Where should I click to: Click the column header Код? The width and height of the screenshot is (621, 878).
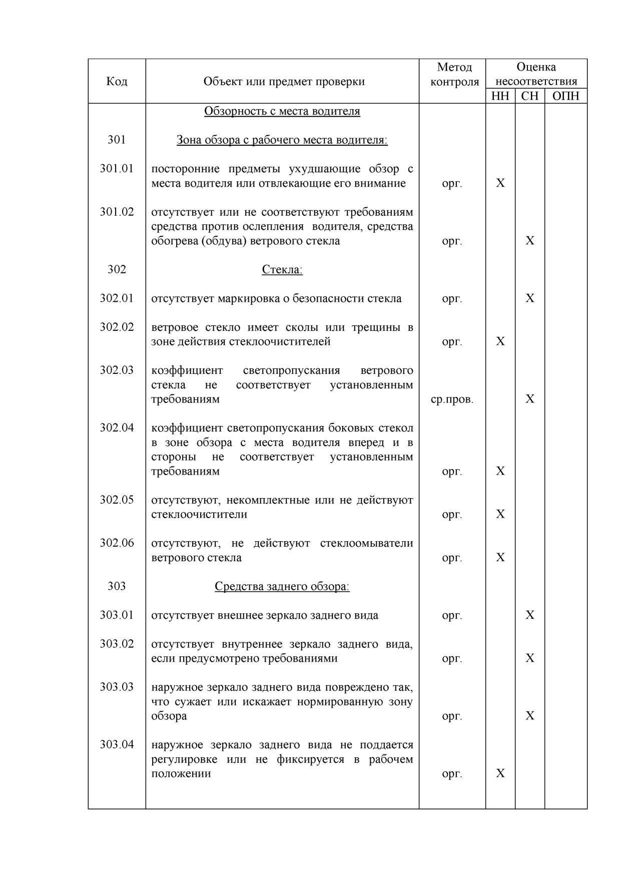point(117,81)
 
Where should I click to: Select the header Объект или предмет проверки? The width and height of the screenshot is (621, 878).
point(284,81)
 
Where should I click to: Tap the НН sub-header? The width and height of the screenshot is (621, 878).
point(500,96)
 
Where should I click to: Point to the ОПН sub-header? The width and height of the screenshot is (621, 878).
point(565,96)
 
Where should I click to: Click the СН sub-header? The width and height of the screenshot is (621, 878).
point(529,96)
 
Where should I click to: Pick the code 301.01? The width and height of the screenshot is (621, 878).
point(117,169)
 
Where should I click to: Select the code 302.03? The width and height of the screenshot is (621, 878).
point(117,370)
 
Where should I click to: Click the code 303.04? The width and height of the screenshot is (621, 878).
point(117,745)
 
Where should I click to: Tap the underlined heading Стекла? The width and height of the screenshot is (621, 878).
point(282,270)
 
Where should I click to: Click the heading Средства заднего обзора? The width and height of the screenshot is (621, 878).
point(282,587)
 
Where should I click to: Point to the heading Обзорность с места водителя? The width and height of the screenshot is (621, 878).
point(282,111)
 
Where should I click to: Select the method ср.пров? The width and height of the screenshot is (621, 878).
point(452,399)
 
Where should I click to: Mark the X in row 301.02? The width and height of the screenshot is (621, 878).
point(530,241)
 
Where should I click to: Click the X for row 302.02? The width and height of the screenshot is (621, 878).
point(500,341)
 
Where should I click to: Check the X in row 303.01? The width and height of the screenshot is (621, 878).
point(530,615)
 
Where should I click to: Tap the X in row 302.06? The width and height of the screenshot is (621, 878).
point(500,558)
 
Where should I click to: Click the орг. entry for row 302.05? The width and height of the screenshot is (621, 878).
point(452,515)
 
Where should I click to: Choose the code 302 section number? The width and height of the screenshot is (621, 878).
point(117,270)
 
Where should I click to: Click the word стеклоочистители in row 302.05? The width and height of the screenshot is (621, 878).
point(199,515)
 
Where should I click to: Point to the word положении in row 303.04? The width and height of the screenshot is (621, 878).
point(181,774)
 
